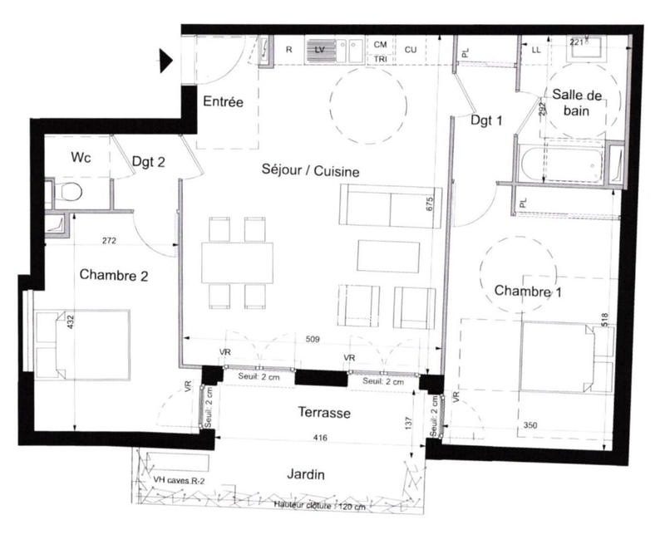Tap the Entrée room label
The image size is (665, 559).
224,102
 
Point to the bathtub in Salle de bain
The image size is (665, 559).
563,164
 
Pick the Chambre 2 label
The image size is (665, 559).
114,275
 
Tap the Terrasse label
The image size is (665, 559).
324,413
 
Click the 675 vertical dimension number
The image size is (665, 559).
431,205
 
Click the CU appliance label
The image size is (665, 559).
411,49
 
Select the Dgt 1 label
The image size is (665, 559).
486,120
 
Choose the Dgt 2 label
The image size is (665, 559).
149,163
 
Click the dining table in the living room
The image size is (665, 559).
237,262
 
